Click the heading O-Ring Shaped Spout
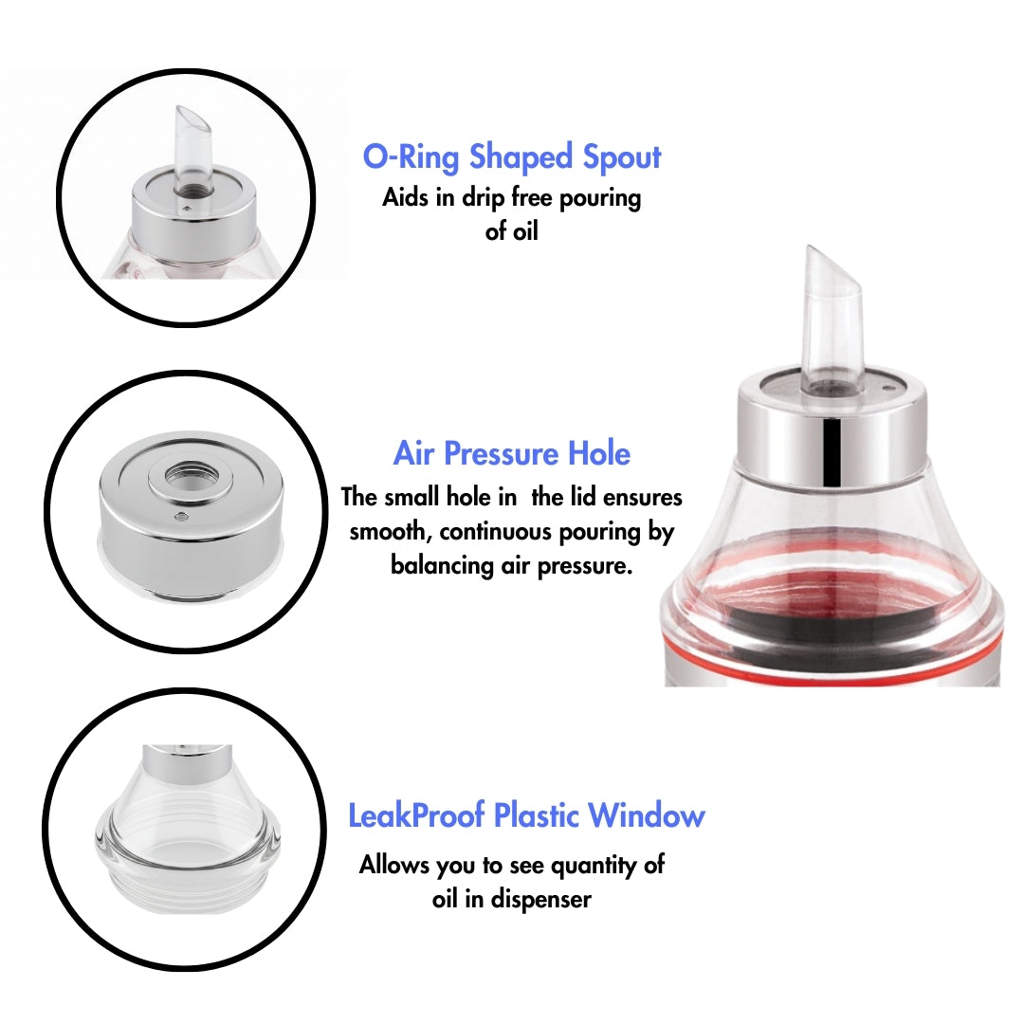click(x=512, y=156)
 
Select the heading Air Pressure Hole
click(x=511, y=453)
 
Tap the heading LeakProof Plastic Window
click(x=526, y=815)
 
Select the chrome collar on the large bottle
click(x=831, y=431)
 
